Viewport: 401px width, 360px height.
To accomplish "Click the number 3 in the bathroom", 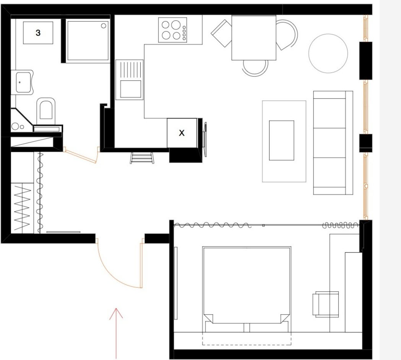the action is tap(38, 33).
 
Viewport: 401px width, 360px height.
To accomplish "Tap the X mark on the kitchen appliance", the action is tap(182, 133).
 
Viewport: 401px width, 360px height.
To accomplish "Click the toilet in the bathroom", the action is tap(46, 110).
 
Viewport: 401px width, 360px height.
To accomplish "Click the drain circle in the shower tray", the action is tap(104, 26).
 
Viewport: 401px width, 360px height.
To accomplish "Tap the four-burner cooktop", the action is tap(172, 30).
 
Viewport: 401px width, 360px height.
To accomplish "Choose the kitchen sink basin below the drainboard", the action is tap(131, 89).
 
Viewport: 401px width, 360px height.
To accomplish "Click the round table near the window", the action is tap(328, 54).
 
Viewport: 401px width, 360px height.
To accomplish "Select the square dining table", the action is tap(254, 37).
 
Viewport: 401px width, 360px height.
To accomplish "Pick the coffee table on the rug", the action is tap(281, 140).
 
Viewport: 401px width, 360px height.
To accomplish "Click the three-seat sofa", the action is tap(333, 143).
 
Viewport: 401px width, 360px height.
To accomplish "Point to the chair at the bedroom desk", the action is tap(326, 304).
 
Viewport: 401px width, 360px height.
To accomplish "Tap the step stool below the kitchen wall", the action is tap(142, 158).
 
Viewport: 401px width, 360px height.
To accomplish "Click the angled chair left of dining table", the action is tap(221, 34).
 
